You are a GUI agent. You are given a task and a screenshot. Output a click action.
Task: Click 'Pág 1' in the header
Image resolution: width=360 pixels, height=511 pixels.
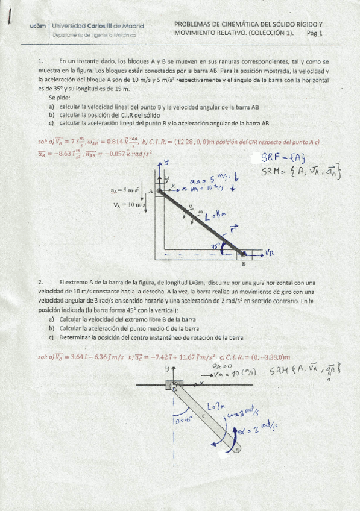(315, 34)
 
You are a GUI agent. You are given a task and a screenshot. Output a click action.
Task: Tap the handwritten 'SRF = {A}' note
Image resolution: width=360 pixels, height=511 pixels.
(284, 158)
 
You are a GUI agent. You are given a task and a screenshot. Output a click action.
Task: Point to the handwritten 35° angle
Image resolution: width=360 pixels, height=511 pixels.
(215, 246)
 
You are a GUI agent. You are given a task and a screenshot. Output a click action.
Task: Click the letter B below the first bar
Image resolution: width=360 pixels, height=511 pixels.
(244, 264)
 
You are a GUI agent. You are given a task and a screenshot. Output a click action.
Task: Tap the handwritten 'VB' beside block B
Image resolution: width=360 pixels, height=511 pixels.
(269, 254)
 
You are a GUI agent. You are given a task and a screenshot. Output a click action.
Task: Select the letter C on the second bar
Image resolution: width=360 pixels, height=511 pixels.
(203, 416)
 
